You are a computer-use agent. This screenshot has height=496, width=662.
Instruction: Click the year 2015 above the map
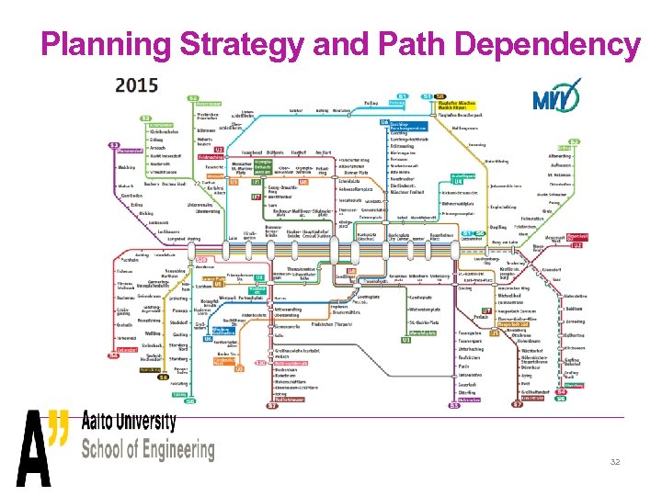137,85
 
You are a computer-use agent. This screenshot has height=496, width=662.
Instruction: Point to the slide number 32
615,462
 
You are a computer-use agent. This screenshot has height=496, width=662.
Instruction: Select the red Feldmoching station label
211,157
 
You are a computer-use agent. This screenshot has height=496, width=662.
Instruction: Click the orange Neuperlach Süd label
514,324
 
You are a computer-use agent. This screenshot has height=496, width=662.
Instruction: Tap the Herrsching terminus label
154,370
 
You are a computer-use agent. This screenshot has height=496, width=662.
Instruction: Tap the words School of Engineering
147,450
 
